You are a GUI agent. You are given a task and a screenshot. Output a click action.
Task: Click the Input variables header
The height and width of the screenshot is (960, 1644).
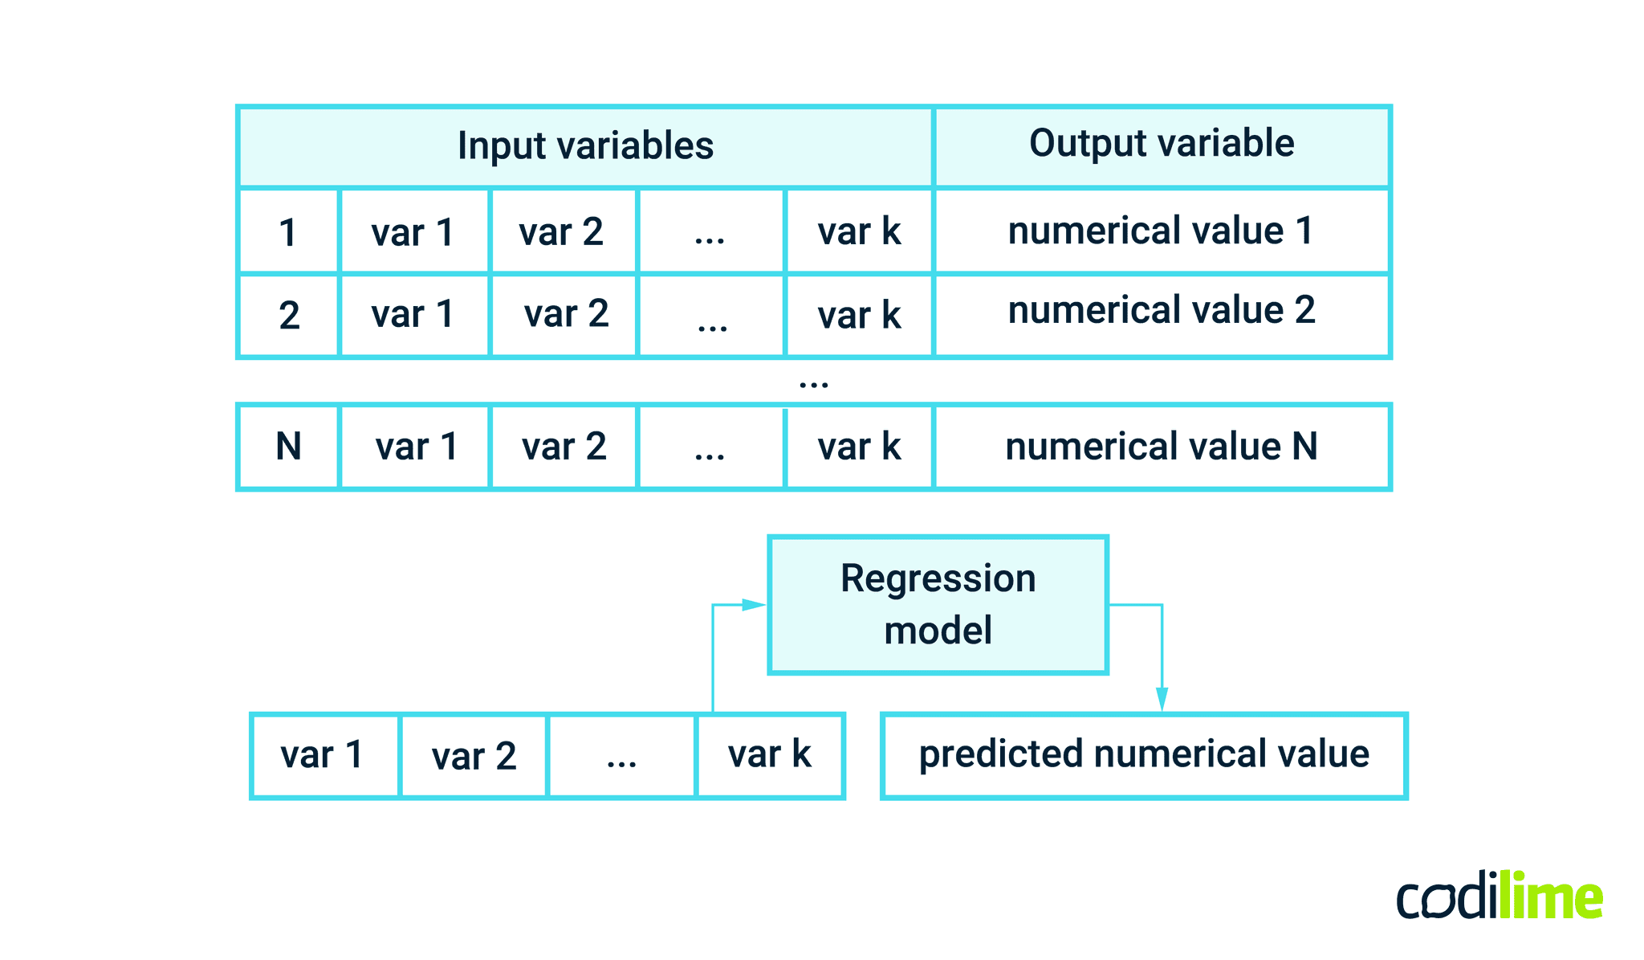585,146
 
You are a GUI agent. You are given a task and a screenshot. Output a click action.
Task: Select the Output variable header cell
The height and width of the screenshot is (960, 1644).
1162,145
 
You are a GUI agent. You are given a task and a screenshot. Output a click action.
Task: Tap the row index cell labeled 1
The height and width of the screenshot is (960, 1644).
288,233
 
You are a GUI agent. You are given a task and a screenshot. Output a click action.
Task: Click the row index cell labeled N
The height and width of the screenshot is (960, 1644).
288,447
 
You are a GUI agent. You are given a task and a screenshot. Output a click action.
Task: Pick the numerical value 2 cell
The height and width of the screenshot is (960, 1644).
1162,312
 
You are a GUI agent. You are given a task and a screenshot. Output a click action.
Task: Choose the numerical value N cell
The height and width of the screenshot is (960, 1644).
1162,447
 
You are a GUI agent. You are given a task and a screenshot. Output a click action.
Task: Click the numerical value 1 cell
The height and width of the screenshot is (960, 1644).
1162,231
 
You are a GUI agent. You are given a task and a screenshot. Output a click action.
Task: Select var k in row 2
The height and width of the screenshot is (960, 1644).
859,315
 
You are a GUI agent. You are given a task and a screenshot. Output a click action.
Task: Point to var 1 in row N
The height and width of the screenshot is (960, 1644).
416,447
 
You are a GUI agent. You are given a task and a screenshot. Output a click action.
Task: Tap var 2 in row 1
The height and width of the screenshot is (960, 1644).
562,233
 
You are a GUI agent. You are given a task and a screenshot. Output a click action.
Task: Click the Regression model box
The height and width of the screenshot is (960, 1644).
938,604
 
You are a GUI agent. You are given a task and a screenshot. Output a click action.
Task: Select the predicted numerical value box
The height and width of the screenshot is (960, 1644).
1144,755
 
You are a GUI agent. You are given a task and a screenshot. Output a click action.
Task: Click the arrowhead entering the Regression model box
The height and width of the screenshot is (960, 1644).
755,605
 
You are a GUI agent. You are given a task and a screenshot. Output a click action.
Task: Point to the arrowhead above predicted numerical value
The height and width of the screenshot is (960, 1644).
1162,699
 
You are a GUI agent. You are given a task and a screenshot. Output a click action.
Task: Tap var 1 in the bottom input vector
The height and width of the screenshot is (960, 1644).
323,755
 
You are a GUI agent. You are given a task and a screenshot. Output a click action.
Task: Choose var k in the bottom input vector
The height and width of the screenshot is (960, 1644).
769,755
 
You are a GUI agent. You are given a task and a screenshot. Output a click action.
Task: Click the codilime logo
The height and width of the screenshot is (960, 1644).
1500,897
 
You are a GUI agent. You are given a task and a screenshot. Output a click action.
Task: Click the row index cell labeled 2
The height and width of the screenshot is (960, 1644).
288,315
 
